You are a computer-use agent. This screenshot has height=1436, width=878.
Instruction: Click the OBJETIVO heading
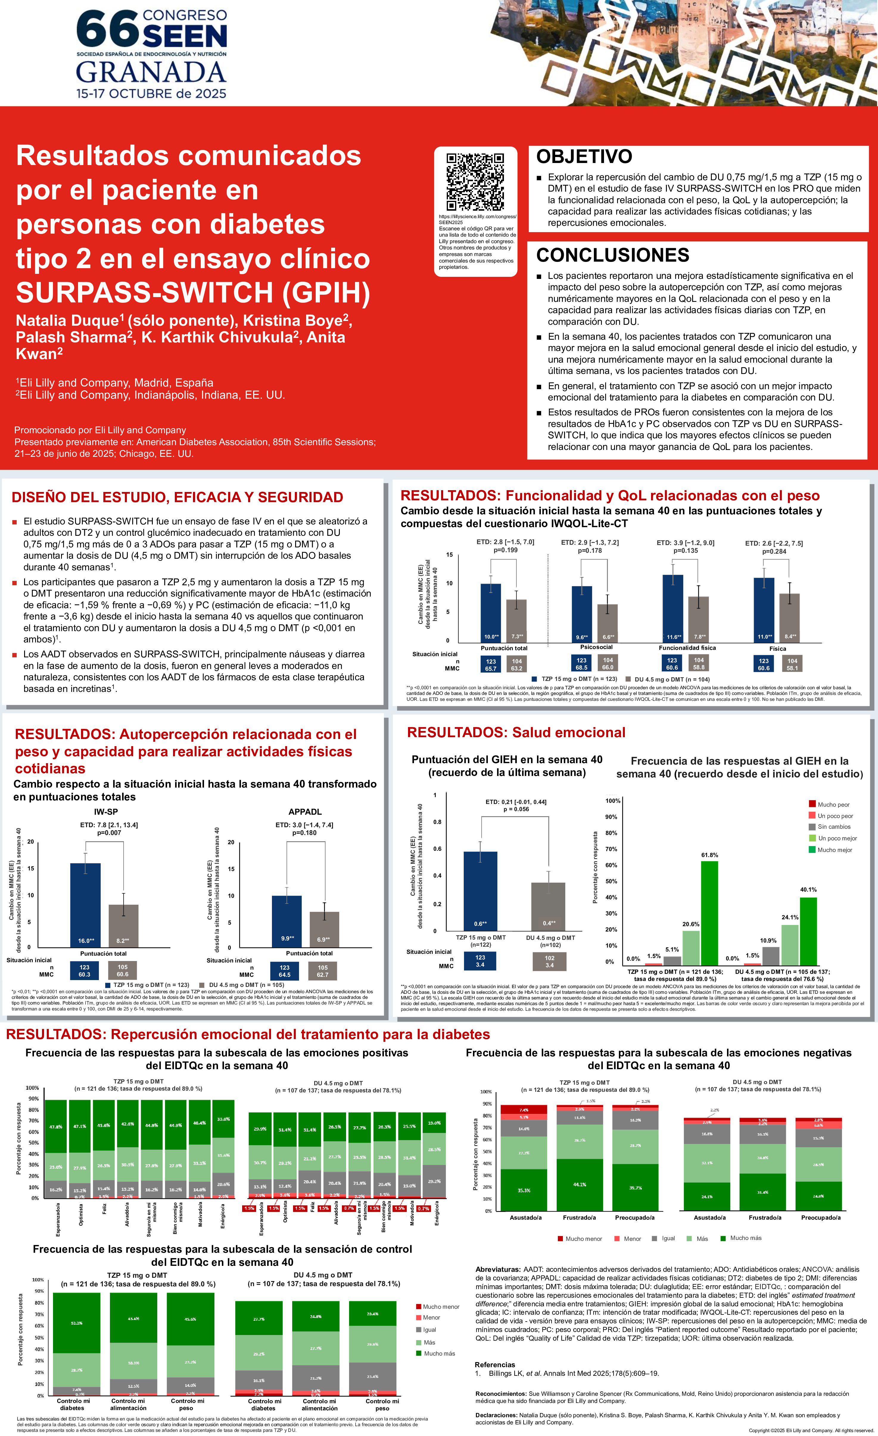pos(584,157)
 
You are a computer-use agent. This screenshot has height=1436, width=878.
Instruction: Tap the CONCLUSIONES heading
pos(612,255)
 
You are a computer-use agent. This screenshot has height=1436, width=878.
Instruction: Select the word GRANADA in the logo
pos(151,72)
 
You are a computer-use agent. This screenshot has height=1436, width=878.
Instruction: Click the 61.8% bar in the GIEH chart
pos(709,913)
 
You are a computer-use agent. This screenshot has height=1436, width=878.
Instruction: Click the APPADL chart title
pos(305,812)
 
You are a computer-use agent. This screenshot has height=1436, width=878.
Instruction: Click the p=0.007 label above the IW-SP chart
pos(109,833)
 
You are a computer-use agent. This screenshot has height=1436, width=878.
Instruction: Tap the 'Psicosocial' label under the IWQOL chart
pos(596,647)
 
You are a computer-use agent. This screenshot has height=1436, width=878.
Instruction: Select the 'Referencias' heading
pos(495,1364)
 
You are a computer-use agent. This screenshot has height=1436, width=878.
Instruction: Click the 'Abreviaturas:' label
pos(498,1269)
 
